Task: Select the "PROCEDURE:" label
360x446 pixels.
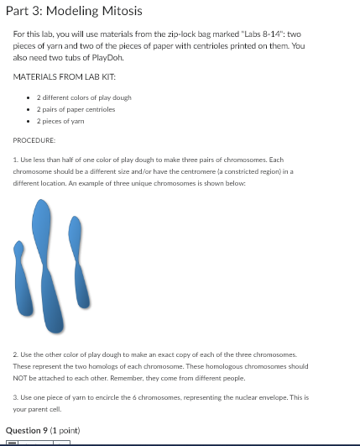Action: click(34, 141)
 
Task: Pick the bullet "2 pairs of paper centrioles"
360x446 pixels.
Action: click(76, 109)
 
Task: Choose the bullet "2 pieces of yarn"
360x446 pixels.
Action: click(64, 121)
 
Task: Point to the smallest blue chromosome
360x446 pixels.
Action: click(19, 269)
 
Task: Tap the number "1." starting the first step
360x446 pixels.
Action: click(16, 159)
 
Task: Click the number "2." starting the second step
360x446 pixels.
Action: click(16, 355)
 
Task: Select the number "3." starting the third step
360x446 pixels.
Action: click(16, 396)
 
